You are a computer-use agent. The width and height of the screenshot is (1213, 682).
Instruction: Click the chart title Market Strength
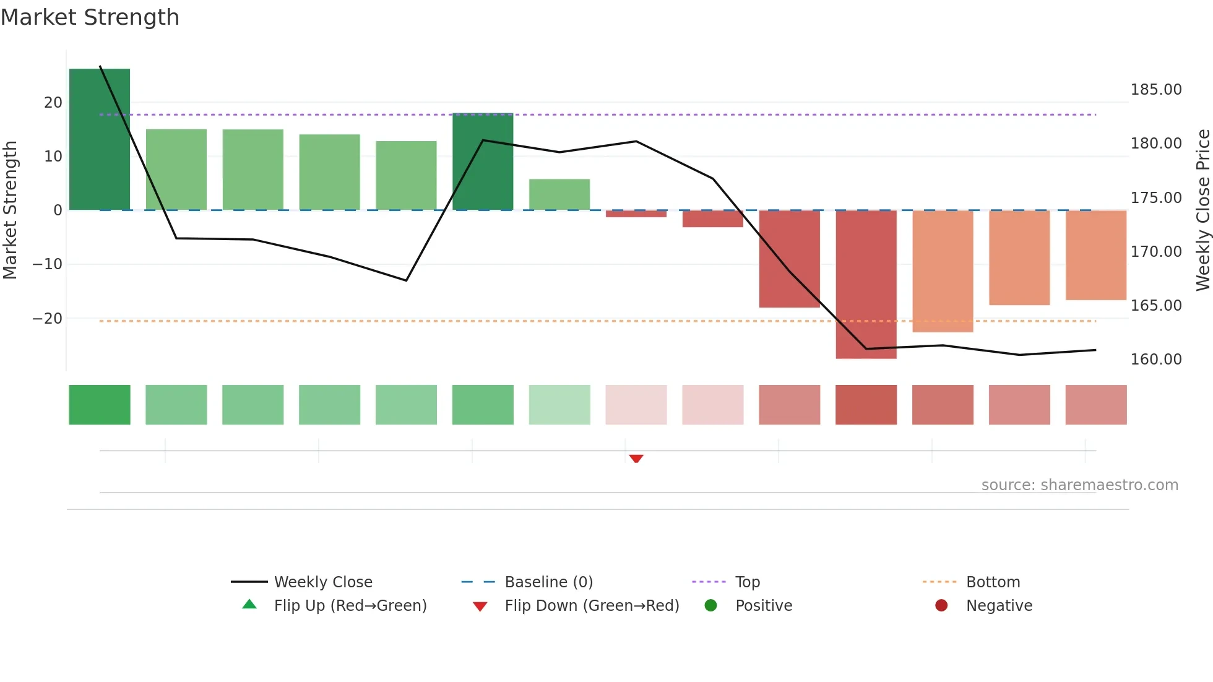click(90, 17)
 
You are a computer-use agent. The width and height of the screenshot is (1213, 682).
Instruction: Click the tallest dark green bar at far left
click(100, 139)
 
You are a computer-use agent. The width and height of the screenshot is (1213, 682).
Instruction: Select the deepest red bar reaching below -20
click(866, 284)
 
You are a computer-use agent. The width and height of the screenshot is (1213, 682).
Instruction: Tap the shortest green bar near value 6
click(559, 194)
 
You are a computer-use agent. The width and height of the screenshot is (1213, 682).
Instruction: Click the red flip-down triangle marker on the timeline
click(636, 459)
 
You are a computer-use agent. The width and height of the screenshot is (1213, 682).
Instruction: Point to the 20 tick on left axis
click(53, 103)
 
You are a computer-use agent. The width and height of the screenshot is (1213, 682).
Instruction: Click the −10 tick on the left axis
click(48, 264)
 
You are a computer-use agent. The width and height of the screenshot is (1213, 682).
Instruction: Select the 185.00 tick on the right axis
click(1155, 90)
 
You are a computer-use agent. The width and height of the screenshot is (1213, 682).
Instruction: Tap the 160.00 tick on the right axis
click(1155, 360)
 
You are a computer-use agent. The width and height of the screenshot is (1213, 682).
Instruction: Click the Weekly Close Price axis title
click(1202, 210)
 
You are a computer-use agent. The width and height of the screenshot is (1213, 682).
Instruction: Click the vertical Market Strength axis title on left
click(11, 210)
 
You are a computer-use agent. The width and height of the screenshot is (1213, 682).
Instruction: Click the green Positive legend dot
click(710, 606)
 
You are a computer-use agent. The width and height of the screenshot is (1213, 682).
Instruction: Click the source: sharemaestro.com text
click(1079, 485)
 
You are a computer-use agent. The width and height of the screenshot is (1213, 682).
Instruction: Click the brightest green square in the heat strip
click(100, 405)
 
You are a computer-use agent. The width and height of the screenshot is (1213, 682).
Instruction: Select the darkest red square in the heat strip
click(866, 405)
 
